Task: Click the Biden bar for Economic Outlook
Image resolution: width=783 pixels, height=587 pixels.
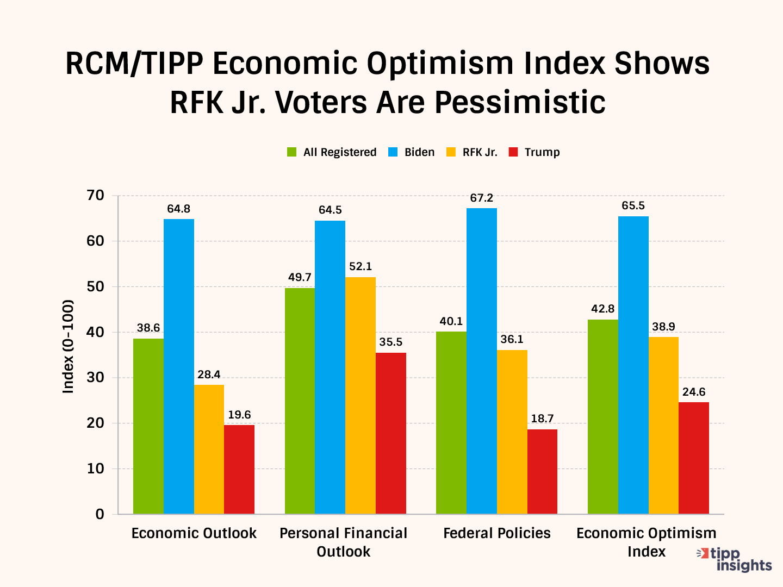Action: tap(178, 366)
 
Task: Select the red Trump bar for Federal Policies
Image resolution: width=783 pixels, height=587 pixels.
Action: tap(542, 471)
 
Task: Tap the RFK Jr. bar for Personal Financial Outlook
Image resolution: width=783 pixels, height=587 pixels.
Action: tap(360, 395)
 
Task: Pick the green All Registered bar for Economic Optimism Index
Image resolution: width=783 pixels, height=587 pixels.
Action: tap(602, 416)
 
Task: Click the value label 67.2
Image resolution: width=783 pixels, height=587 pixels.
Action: tap(482, 198)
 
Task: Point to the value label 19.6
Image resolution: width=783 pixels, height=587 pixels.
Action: tap(239, 415)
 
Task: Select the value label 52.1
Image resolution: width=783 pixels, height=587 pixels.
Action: tap(361, 267)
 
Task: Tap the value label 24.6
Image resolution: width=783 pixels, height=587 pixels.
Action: tap(694, 392)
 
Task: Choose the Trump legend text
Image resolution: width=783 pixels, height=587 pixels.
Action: tap(542, 152)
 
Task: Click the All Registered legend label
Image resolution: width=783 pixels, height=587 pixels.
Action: tap(340, 152)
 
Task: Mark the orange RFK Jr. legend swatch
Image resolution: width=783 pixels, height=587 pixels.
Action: tap(451, 152)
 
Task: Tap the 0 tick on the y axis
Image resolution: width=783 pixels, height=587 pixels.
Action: tap(100, 514)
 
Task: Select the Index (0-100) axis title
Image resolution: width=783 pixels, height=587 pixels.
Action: tap(68, 346)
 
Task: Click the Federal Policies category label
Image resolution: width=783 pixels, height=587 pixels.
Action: tap(497, 533)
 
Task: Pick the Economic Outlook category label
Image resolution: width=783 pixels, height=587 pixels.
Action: tap(194, 533)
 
